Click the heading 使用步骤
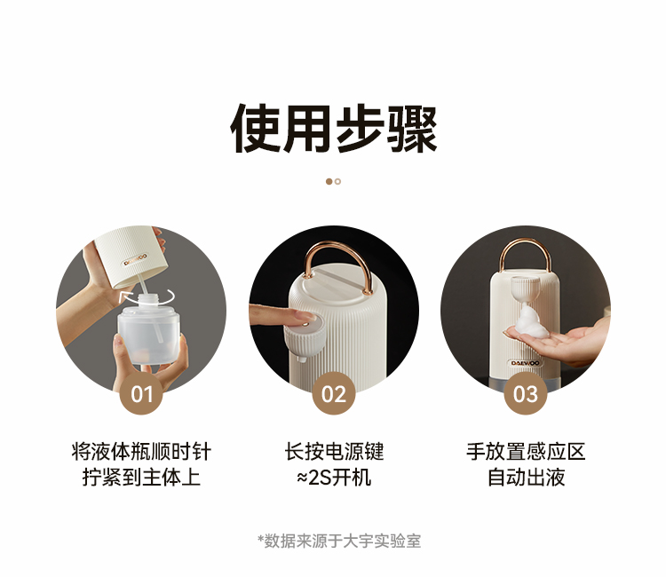(x=333, y=128)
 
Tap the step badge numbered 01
(x=141, y=393)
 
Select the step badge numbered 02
(x=333, y=393)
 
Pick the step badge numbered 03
(x=526, y=393)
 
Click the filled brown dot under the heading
(x=329, y=182)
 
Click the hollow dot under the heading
(x=337, y=182)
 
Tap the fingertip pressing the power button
(x=306, y=315)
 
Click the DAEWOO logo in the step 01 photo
(x=136, y=260)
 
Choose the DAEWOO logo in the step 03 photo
(x=526, y=363)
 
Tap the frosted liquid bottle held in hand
(x=147, y=331)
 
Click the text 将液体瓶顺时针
(x=141, y=451)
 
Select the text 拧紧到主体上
(x=141, y=477)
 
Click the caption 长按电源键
(x=334, y=451)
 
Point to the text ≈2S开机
(x=334, y=478)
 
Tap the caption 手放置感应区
(x=526, y=451)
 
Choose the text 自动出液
(x=526, y=477)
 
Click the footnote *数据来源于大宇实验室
(x=339, y=541)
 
